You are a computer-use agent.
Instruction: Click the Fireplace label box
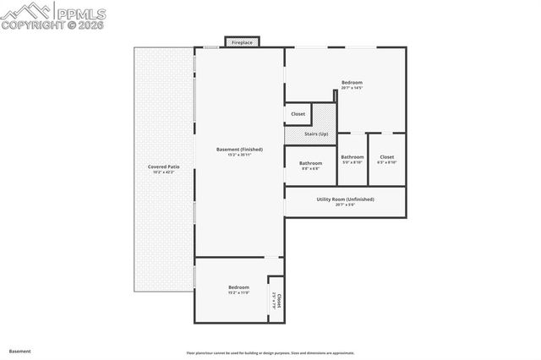241,42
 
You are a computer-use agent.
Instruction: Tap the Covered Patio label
163,166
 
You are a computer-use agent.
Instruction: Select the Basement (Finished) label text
239,150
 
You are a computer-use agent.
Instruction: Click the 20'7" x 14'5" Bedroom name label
352,82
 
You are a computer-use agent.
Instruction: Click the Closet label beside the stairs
298,114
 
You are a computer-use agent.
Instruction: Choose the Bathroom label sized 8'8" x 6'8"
310,162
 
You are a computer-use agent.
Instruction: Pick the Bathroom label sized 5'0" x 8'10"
352,156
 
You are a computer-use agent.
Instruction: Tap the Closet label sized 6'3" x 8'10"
386,156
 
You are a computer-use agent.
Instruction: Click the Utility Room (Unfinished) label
345,199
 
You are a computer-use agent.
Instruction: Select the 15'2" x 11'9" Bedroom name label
238,287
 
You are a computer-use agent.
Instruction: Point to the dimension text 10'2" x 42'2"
163,172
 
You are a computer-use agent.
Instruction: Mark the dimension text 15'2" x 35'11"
239,155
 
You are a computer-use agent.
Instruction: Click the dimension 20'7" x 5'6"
345,205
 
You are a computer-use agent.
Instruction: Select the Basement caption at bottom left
19,350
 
